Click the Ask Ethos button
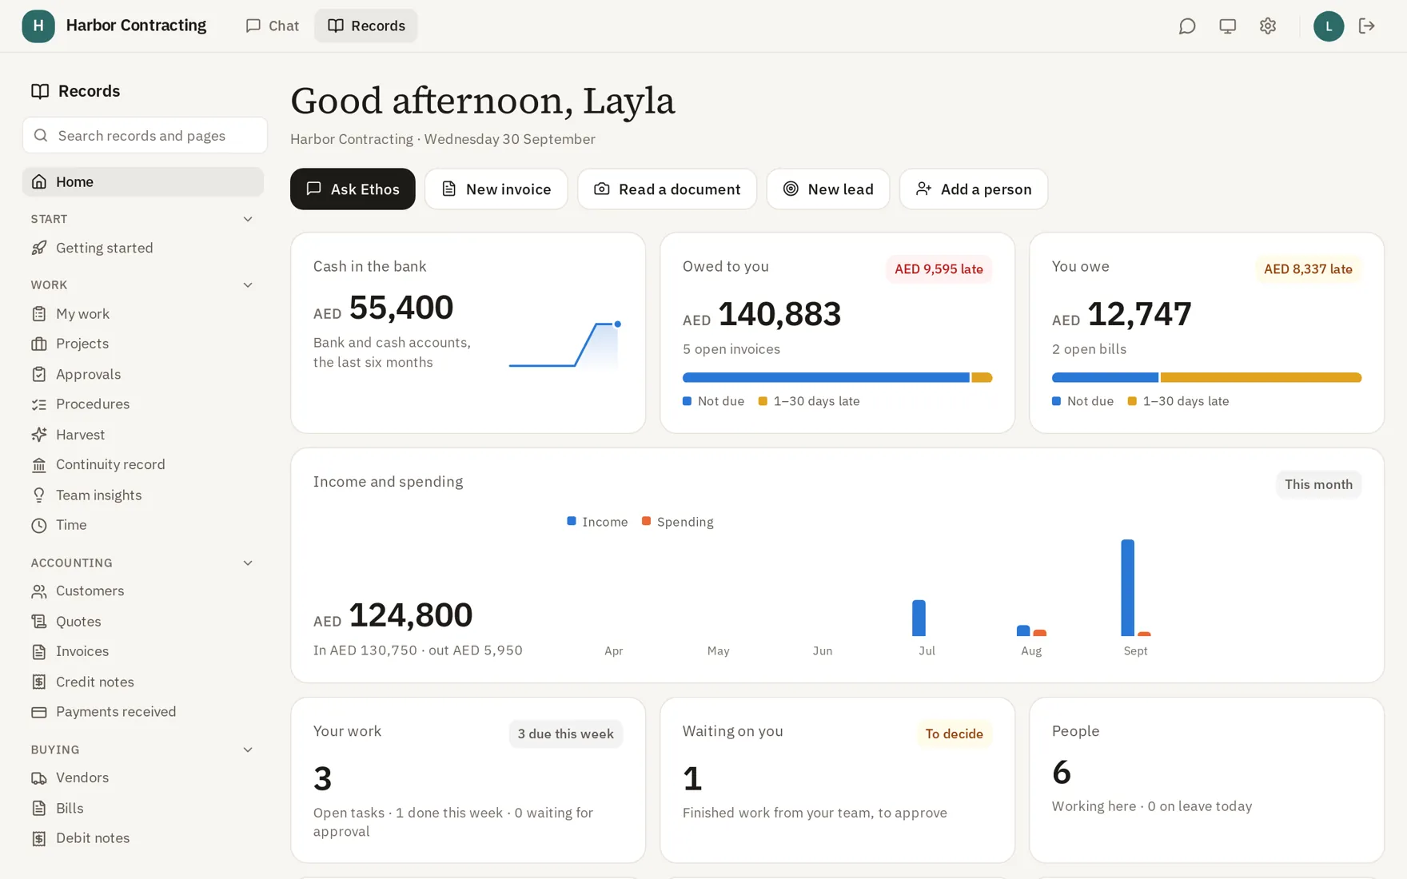[353, 189]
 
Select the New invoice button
[496, 189]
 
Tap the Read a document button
[667, 189]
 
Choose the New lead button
[827, 189]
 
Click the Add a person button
[973, 189]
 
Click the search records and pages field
[145, 135]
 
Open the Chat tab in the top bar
[272, 26]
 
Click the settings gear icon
[1267, 26]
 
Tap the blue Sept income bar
[1127, 588]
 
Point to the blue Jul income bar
[919, 618]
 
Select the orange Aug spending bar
[1039, 633]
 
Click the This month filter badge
[1318, 484]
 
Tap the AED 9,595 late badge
[939, 269]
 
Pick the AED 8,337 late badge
[1308, 269]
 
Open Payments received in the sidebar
[116, 711]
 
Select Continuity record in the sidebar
[110, 464]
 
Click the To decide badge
[954, 734]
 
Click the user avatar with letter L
[1328, 26]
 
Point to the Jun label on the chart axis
[823, 651]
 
